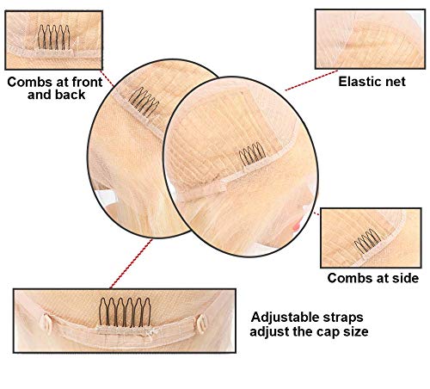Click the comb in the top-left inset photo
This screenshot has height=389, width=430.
(x=53, y=37)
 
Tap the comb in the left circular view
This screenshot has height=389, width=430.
(x=144, y=102)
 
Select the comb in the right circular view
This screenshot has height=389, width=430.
(x=252, y=154)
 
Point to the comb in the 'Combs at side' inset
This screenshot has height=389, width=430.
(x=368, y=241)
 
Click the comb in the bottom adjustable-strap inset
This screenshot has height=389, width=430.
(x=125, y=312)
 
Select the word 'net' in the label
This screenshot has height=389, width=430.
(x=396, y=82)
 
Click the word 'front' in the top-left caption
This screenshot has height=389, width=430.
(x=87, y=82)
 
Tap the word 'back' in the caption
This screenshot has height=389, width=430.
(x=71, y=95)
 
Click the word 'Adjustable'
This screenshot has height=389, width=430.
(x=285, y=318)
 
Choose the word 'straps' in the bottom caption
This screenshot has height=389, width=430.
(x=343, y=318)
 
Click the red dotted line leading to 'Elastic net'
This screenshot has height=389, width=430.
(x=311, y=80)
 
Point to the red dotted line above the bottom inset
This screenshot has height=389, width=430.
(x=131, y=264)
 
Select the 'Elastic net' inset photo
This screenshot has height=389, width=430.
(x=370, y=39)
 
